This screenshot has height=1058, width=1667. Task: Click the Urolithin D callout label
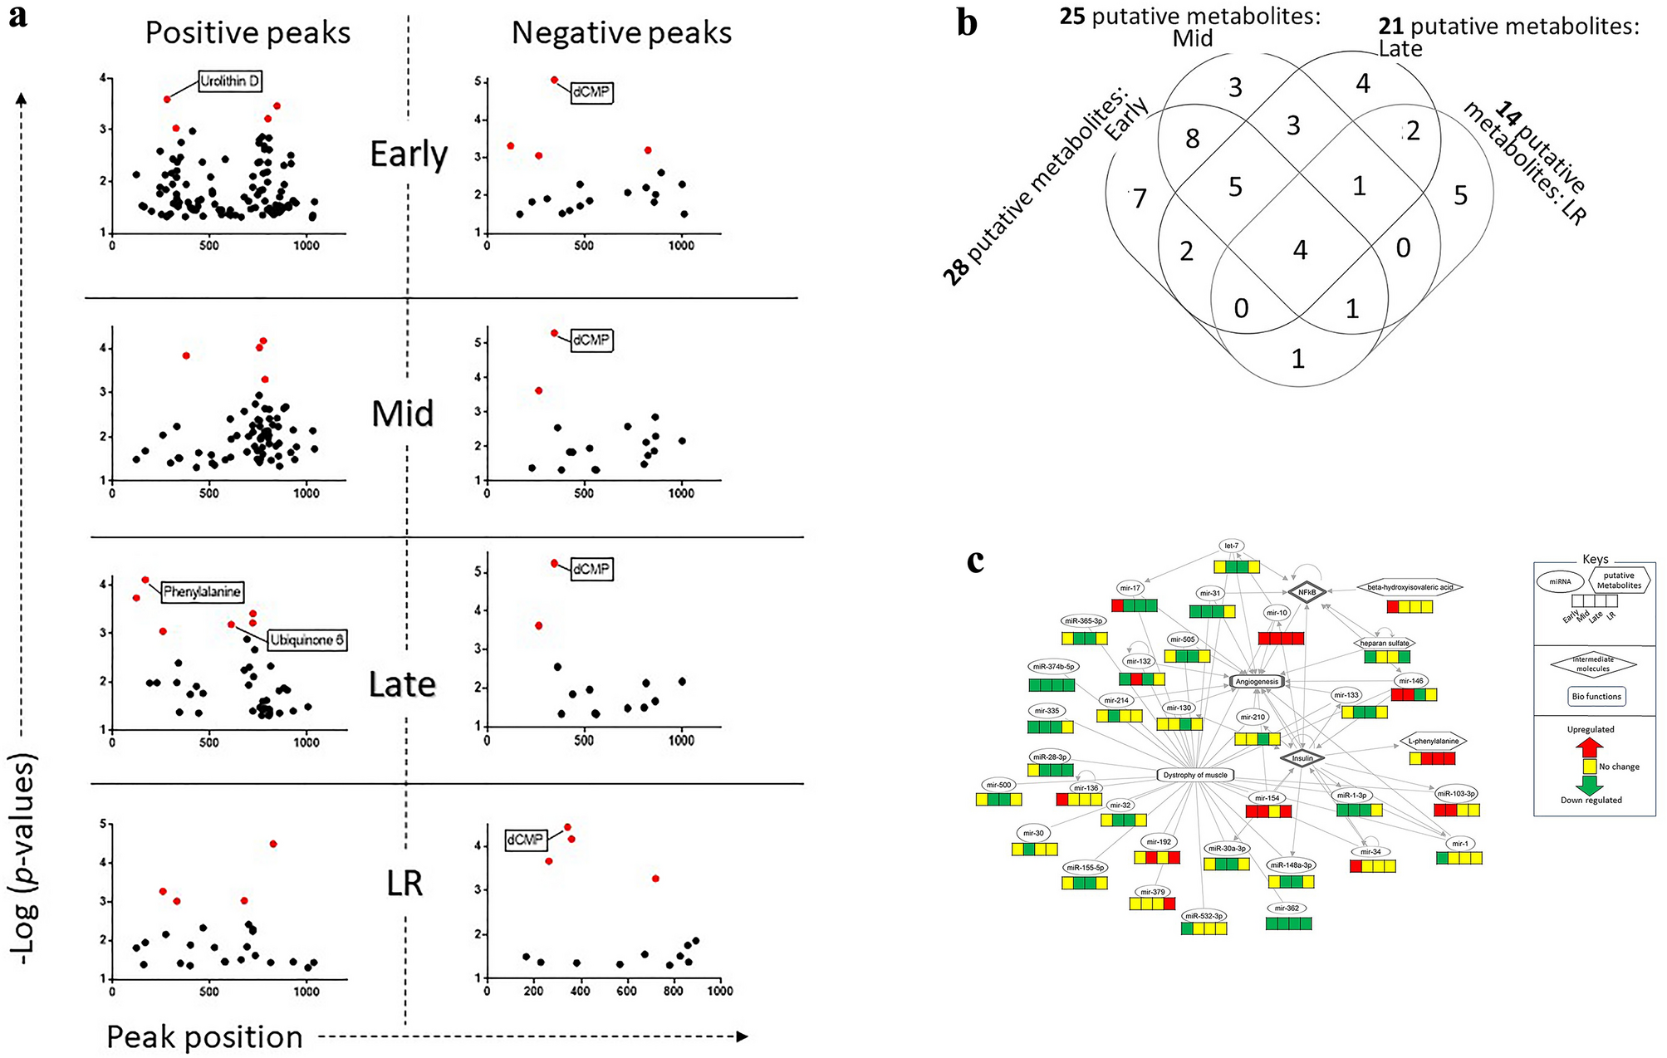pos(229,81)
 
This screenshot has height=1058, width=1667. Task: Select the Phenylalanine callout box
pos(202,592)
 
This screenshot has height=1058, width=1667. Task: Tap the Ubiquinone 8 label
pos(306,640)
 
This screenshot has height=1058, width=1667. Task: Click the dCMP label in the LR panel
pos(526,840)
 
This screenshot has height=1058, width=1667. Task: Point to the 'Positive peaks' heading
pos(248,33)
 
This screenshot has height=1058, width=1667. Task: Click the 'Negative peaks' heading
pos(621,33)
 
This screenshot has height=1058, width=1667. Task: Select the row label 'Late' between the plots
pos(402,685)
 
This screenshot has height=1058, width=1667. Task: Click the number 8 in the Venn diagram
pos(1192,139)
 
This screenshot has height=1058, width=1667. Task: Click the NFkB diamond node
pos(1307,592)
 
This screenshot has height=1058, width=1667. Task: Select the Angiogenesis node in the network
pos(1257,682)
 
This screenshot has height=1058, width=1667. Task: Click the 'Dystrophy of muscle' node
pos(1194,775)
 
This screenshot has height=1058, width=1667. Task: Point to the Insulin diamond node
pos(1302,758)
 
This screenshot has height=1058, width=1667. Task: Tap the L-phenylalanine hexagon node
pos(1433,741)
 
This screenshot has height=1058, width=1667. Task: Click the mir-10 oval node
pos(1277,613)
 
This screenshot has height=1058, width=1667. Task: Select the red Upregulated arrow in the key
pos(1589,747)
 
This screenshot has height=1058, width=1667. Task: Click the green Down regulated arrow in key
pos(1589,785)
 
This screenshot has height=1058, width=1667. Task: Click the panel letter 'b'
pos(967,23)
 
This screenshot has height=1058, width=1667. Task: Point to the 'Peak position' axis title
pos(204,1037)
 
